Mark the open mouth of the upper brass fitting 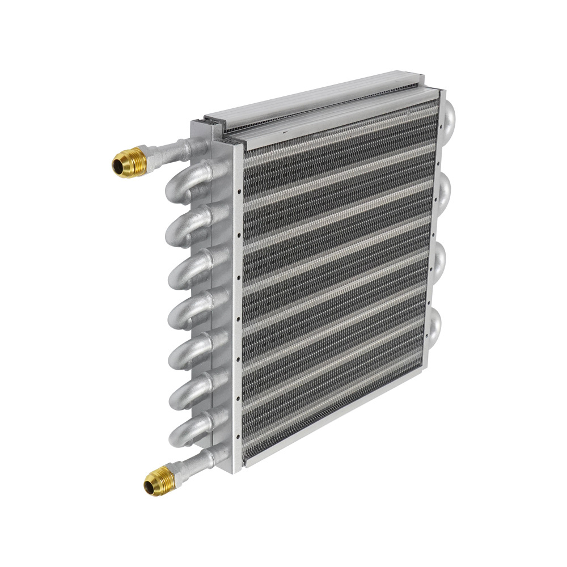click(117, 166)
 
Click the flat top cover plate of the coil click(318, 105)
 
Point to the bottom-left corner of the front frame click(246, 463)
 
